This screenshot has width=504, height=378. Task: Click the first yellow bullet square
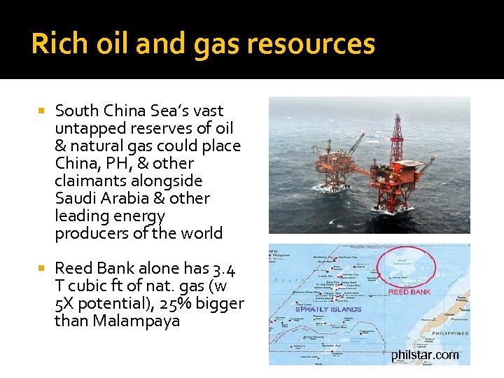tap(41, 111)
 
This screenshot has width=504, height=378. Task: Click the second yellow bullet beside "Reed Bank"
tap(41, 268)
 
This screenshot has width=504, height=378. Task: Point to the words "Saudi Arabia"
tap(101, 198)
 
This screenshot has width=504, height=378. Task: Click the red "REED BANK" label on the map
tap(409, 291)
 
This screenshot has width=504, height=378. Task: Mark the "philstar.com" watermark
tap(425, 355)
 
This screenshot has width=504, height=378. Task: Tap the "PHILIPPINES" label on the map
tap(449, 334)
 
